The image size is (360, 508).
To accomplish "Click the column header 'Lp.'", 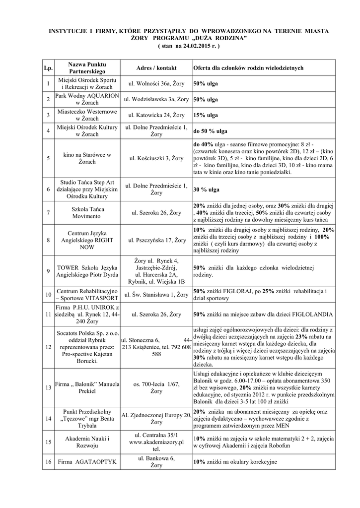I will [x=48, y=68].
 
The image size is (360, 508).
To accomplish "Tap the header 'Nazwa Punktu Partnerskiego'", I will [x=87, y=68].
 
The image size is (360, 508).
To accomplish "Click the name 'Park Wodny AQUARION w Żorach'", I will [x=87, y=99].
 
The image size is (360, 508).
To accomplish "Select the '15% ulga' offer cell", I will [x=206, y=115].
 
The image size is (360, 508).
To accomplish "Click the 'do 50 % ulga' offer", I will [x=211, y=131].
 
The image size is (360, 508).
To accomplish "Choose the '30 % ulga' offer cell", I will [x=207, y=190].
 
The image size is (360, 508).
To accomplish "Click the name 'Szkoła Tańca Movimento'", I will [x=87, y=213].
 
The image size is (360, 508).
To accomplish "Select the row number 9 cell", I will [x=48, y=271].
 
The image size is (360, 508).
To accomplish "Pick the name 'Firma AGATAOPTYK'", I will [x=87, y=462].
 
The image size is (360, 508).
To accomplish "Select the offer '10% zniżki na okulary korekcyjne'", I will [x=235, y=462].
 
